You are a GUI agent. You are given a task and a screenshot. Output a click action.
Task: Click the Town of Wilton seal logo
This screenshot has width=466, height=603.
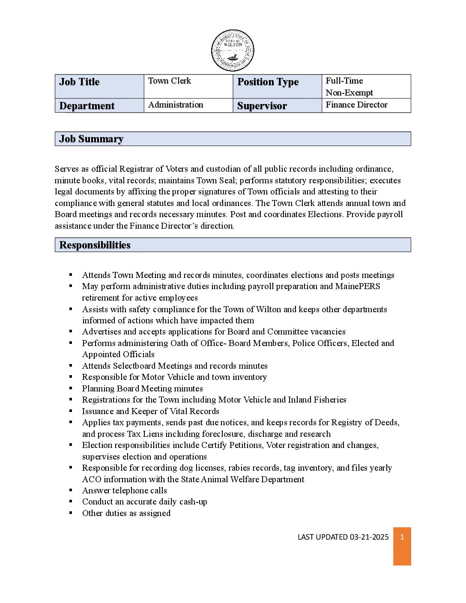pos(233,51)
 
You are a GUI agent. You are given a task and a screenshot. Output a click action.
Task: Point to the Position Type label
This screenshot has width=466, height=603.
pos(268,82)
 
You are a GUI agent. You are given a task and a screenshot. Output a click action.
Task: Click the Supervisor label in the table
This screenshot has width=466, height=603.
pos(262,106)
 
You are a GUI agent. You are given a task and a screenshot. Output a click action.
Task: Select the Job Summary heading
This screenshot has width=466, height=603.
pos(91,139)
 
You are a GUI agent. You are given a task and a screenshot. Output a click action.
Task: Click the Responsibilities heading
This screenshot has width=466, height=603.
pos(95,245)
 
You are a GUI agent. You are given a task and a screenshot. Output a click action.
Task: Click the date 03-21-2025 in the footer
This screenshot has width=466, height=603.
pos(369,537)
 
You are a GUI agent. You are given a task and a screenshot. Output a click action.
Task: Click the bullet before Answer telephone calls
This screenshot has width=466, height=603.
pos(71,490)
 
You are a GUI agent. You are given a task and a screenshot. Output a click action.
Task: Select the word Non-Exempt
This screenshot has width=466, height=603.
pos(349,93)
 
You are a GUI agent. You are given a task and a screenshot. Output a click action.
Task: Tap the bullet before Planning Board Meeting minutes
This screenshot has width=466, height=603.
pos(71,388)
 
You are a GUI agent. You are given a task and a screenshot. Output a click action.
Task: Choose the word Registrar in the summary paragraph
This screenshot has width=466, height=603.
pos(136,169)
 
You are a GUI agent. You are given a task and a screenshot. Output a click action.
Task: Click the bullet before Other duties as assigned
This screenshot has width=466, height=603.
pos(71,513)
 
